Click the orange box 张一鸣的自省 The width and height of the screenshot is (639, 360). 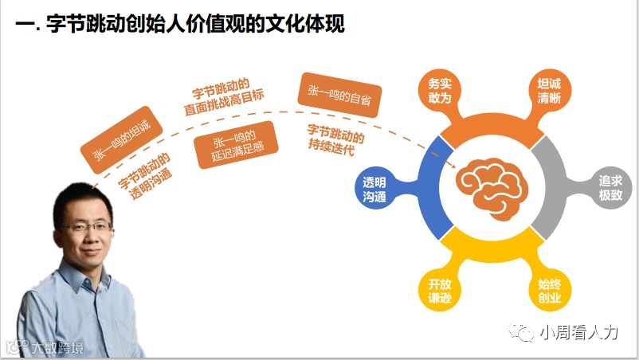[x=339, y=94]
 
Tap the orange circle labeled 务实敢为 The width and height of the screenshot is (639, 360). [x=440, y=91]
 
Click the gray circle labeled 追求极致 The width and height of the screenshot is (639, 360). [x=610, y=188]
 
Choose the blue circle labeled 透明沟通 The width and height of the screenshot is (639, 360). [x=374, y=188]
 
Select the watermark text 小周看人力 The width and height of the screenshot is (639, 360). [x=578, y=333]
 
